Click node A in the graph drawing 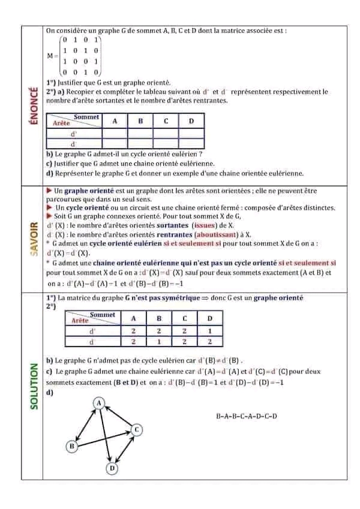[x=100, y=403]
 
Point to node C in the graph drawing [x=136, y=429]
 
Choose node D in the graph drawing [x=111, y=467]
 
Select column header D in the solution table [x=209, y=318]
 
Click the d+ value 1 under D [x=209, y=331]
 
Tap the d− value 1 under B [x=159, y=342]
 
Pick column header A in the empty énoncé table [x=115, y=121]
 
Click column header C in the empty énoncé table [x=166, y=121]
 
